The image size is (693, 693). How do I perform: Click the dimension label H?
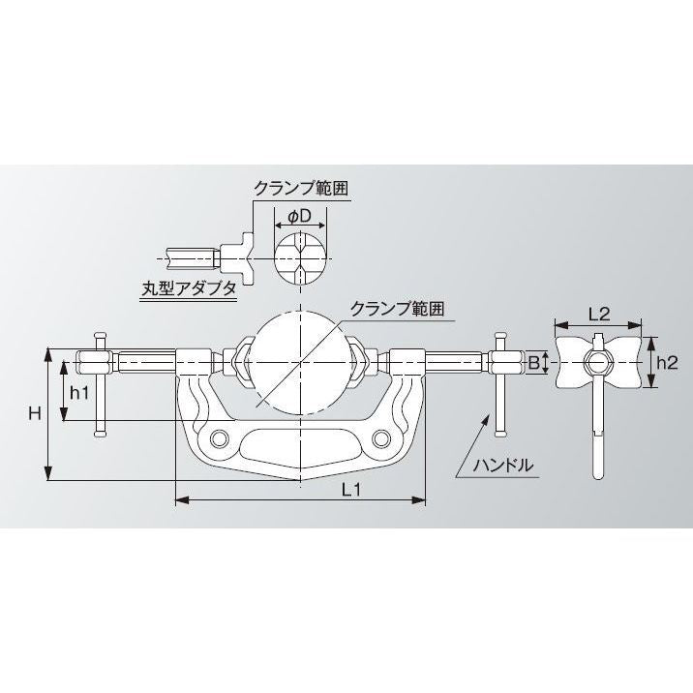point(34,413)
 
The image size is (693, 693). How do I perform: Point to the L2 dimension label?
point(598,314)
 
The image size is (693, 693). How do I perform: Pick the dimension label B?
point(532,364)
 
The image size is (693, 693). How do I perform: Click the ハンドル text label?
point(502,465)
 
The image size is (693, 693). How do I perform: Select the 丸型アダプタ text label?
point(188,286)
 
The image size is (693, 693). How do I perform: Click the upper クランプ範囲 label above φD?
point(299,187)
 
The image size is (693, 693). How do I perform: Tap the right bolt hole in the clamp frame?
point(381,441)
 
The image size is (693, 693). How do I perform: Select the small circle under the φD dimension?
point(299,256)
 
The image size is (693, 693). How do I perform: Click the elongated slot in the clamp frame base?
point(301,447)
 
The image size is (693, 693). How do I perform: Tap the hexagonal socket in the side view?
point(597,364)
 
